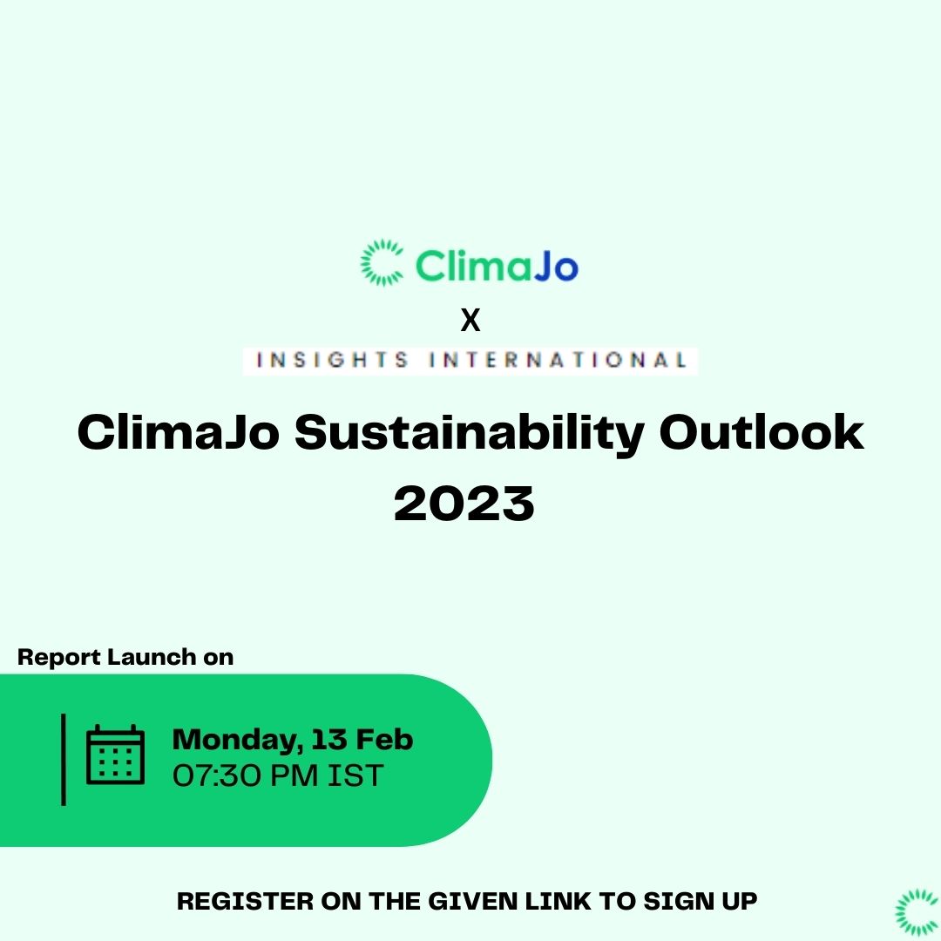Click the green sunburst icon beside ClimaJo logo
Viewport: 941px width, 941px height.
382,262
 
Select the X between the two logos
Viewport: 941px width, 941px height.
470,322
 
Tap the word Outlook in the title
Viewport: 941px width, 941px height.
762,433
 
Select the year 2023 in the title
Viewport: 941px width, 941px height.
464,503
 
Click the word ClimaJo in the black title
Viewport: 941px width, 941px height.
178,433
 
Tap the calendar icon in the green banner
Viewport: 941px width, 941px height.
115,755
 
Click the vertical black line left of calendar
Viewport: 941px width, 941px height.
64,758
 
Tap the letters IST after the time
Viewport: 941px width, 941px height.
355,775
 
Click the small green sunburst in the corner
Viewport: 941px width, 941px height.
917,912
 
